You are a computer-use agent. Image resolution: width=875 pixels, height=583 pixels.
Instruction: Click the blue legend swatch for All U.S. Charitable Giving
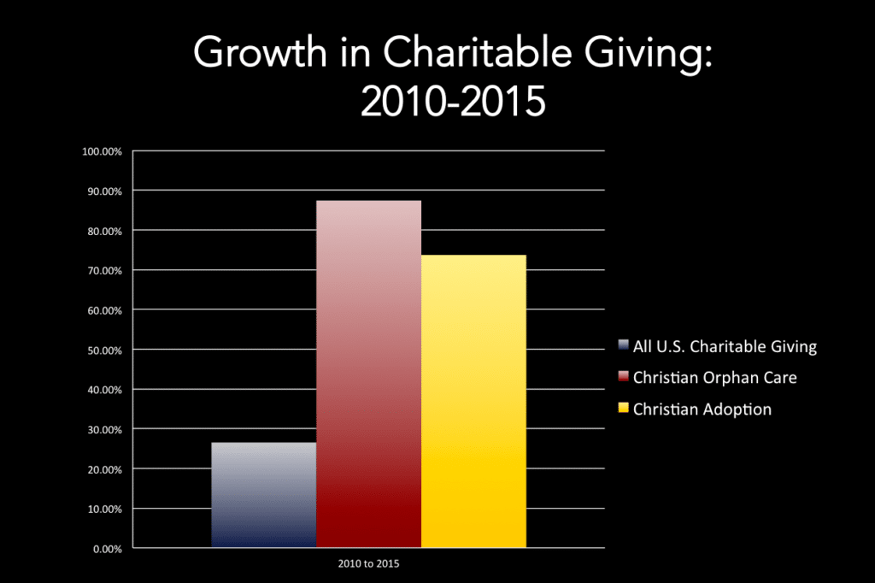click(624, 346)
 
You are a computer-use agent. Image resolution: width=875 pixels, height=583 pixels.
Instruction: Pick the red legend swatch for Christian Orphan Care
click(624, 378)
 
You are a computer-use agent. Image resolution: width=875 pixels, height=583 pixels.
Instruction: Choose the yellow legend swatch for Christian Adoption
click(624, 409)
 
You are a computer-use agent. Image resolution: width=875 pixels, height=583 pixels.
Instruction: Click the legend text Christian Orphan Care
click(714, 378)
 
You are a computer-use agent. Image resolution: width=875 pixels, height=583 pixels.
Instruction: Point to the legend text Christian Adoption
click(702, 409)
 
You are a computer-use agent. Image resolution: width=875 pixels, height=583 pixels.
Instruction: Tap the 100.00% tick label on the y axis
click(103, 151)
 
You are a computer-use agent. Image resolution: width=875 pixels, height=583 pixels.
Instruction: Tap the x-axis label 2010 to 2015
click(368, 564)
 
